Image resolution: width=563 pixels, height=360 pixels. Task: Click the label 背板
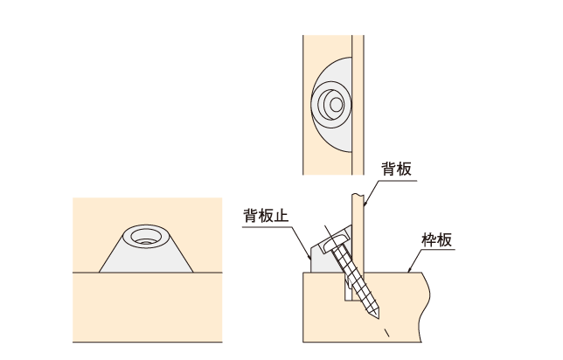(396, 169)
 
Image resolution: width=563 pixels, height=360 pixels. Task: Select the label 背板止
(266, 216)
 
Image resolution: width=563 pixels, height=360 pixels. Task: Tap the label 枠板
(436, 239)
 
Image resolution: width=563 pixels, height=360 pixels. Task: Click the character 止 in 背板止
(281, 216)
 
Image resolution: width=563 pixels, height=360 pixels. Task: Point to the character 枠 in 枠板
(429, 239)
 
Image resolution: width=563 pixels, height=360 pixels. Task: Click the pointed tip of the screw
(378, 318)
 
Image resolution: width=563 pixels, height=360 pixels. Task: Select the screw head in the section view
(337, 242)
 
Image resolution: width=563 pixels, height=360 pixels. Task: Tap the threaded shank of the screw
(355, 278)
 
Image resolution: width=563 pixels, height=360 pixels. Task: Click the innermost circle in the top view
(337, 105)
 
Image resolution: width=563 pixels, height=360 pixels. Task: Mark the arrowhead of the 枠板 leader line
(409, 270)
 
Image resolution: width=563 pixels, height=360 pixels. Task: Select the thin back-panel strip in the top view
(358, 105)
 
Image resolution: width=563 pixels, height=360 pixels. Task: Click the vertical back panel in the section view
(358, 233)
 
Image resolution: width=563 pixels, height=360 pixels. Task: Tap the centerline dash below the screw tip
(387, 333)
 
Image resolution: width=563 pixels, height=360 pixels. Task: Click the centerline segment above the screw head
(328, 231)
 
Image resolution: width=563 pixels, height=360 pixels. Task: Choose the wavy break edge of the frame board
(425, 307)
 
